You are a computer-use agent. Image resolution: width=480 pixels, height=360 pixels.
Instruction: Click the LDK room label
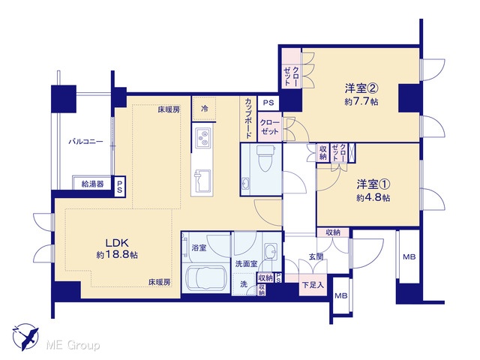[x=117, y=243]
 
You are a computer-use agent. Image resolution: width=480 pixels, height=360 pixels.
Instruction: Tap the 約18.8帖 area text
[x=117, y=255]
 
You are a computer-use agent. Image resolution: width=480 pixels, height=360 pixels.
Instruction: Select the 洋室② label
[x=361, y=88]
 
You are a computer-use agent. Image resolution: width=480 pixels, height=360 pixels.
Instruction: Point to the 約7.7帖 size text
[x=361, y=102]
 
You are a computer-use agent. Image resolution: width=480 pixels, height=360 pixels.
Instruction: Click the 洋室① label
[x=373, y=184]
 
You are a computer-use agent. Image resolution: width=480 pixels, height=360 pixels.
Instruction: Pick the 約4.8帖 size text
[x=373, y=198]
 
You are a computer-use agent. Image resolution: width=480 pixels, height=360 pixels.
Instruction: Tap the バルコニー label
[x=85, y=142]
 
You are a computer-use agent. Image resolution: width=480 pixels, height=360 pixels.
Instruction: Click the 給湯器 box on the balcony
[x=92, y=184]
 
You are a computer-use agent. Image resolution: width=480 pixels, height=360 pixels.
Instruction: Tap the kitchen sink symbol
[x=202, y=181]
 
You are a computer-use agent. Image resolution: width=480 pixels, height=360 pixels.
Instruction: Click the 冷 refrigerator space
[x=204, y=108]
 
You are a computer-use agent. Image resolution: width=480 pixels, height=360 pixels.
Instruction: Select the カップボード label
[x=248, y=118]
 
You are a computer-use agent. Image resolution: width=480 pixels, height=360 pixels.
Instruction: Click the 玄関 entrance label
[x=316, y=256]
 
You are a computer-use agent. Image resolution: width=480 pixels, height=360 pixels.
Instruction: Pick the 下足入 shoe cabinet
[x=313, y=285]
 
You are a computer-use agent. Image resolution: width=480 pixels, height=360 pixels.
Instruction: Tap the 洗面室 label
[x=246, y=263]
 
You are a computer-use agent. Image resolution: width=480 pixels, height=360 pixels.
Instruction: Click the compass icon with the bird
[x=25, y=337]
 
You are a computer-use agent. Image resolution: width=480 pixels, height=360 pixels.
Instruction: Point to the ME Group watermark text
[x=73, y=345]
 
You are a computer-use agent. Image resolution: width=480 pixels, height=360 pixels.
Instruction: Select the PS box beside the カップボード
[x=268, y=103]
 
